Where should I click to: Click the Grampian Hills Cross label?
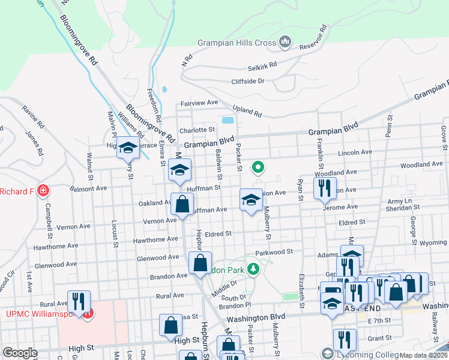click(237, 43)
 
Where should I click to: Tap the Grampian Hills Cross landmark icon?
click(285, 43)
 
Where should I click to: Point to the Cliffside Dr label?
click(248, 81)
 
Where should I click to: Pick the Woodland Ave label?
click(421, 164)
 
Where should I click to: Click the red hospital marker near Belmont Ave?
click(43, 191)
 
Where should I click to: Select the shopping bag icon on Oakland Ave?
click(182, 205)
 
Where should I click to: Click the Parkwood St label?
click(273, 253)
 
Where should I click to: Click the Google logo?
click(20, 353)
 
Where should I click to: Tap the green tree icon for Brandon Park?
click(254, 269)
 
